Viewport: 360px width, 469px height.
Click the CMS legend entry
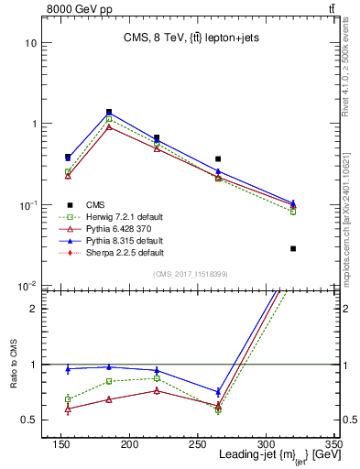[95, 204]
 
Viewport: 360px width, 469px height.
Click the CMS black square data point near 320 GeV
[293, 248]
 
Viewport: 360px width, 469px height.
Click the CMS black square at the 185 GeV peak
[109, 112]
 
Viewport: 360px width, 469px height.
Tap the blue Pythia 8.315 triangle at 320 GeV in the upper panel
[293, 202]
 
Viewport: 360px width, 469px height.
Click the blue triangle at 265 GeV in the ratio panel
[218, 392]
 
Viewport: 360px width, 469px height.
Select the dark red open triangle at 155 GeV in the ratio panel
[68, 409]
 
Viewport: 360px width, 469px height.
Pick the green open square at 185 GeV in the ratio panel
[109, 381]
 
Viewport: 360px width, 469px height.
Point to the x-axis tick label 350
[334, 445]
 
